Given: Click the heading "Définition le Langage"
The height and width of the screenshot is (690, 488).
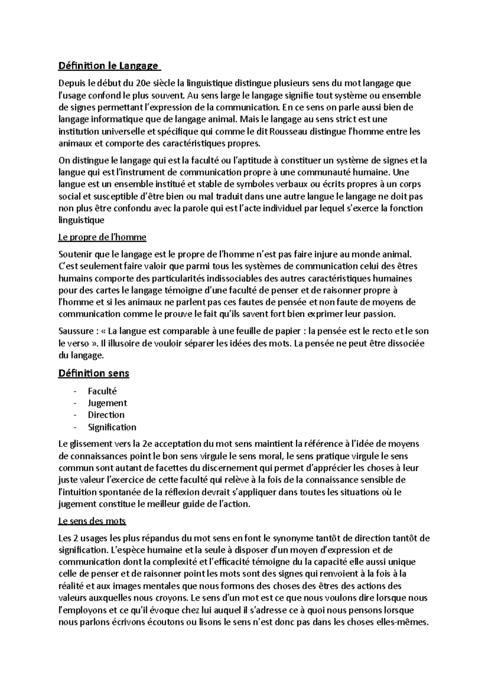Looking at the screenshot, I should (108, 65).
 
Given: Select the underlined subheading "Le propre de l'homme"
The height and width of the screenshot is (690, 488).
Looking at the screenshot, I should (102, 237).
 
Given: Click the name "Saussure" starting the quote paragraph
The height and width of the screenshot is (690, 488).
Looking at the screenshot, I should (76, 331).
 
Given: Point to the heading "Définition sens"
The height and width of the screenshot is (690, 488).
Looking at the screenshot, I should (94, 373).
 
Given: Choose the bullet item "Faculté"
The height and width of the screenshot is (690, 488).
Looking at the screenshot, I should (102, 391).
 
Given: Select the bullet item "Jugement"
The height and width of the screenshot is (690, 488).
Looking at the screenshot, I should (107, 403).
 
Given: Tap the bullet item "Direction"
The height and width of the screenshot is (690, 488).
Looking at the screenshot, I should (106, 415).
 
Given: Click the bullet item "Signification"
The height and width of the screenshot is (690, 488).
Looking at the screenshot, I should (112, 427).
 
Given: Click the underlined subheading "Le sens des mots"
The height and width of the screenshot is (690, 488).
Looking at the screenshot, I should (92, 521).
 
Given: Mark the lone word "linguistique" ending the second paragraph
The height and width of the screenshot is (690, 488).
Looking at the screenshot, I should (81, 220).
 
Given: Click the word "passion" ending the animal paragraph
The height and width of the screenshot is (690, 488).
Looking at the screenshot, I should (379, 314).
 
